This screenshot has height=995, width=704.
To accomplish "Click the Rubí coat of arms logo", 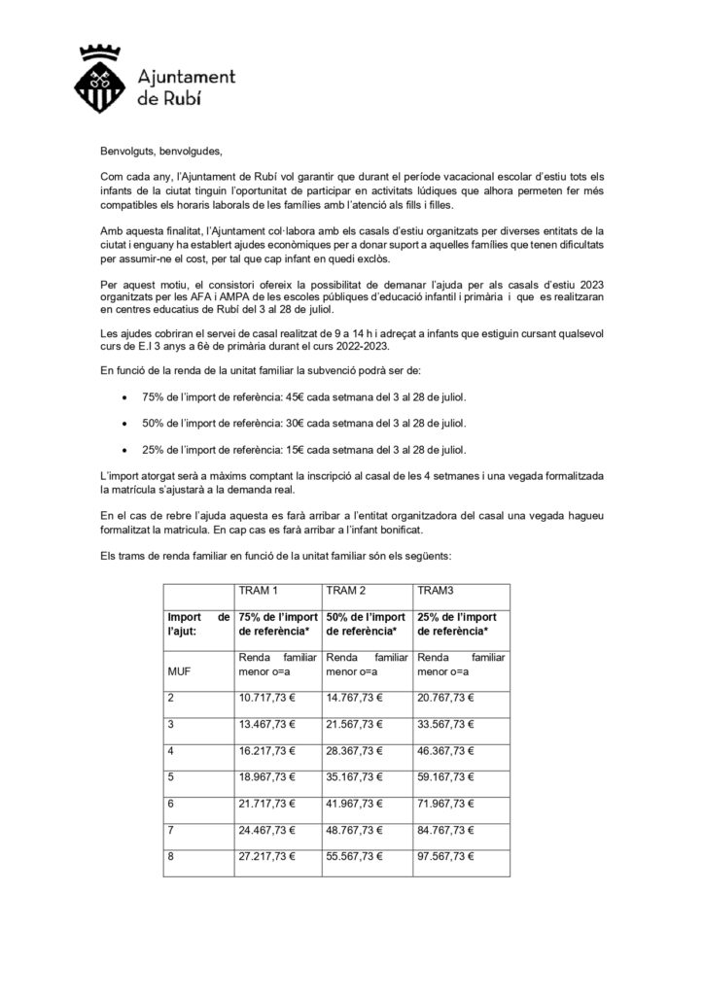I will point(104,80).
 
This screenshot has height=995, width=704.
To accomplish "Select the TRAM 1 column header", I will point(258,592).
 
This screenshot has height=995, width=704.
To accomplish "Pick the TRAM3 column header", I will point(434,592).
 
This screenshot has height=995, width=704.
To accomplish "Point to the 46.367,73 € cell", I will point(447,750).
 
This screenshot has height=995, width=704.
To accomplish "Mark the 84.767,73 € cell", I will point(447,831).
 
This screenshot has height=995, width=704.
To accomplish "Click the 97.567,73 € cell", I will point(447,858).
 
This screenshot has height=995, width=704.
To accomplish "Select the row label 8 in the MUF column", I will point(171,858).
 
